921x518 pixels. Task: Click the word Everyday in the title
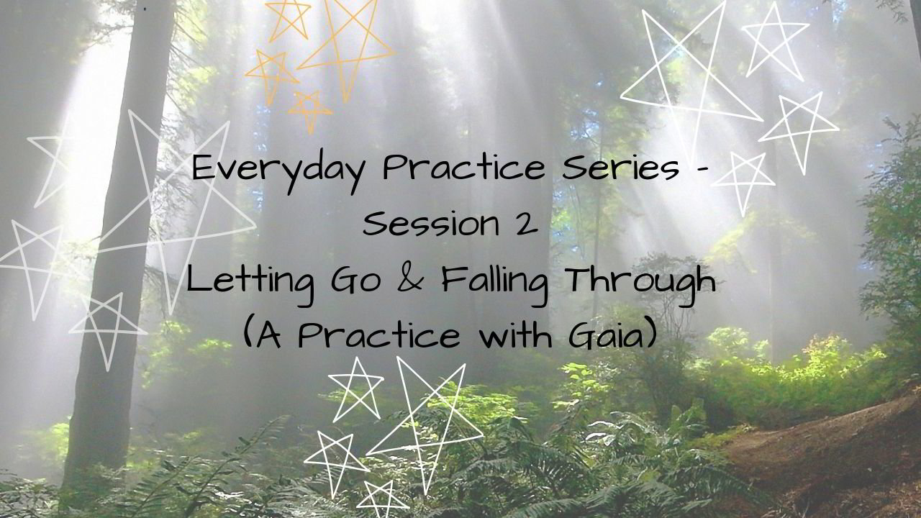(x=278, y=171)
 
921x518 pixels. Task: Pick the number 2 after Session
(x=526, y=224)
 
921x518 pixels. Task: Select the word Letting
(x=250, y=283)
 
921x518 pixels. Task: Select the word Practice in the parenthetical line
(x=378, y=335)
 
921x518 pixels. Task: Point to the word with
(x=516, y=334)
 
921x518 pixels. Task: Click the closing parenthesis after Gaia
(x=652, y=334)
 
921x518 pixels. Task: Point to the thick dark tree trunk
(x=119, y=247)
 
